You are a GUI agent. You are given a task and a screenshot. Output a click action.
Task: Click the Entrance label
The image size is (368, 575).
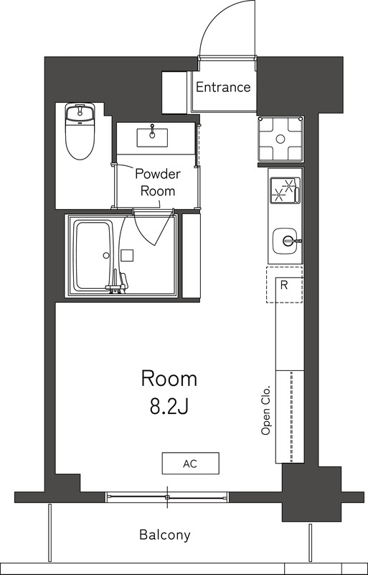[x=223, y=87]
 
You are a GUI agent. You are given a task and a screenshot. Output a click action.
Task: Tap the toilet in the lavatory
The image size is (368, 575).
[x=80, y=131]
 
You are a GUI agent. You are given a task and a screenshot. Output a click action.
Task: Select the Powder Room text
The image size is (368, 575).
[x=157, y=183]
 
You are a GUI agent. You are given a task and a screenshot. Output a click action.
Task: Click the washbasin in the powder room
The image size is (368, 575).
[x=152, y=137]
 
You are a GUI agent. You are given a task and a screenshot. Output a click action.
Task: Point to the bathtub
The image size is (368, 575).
[x=93, y=255]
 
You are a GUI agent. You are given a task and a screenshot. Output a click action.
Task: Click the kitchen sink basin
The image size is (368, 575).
[x=286, y=241]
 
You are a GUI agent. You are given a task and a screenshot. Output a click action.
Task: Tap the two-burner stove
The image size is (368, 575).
[x=286, y=190]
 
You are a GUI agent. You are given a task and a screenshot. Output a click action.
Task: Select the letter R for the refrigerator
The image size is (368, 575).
[x=284, y=285]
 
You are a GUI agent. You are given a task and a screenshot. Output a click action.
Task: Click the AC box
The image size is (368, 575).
[x=190, y=463]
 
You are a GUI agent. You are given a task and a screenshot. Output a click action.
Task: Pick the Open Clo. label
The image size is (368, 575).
[x=265, y=410]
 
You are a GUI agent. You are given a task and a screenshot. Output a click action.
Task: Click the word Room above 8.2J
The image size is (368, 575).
[x=169, y=379]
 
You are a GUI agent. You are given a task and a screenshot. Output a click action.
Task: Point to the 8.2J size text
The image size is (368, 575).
[x=169, y=407]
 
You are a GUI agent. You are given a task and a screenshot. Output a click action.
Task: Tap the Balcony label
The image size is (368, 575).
[x=165, y=535]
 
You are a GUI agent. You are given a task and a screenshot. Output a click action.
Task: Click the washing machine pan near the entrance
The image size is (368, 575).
[x=280, y=139]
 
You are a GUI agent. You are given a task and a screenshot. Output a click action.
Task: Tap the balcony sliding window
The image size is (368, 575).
[x=167, y=497]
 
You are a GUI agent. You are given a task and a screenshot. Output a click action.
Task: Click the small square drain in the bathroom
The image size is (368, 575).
[x=128, y=255]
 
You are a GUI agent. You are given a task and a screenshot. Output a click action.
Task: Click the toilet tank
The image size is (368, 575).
[x=80, y=111]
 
